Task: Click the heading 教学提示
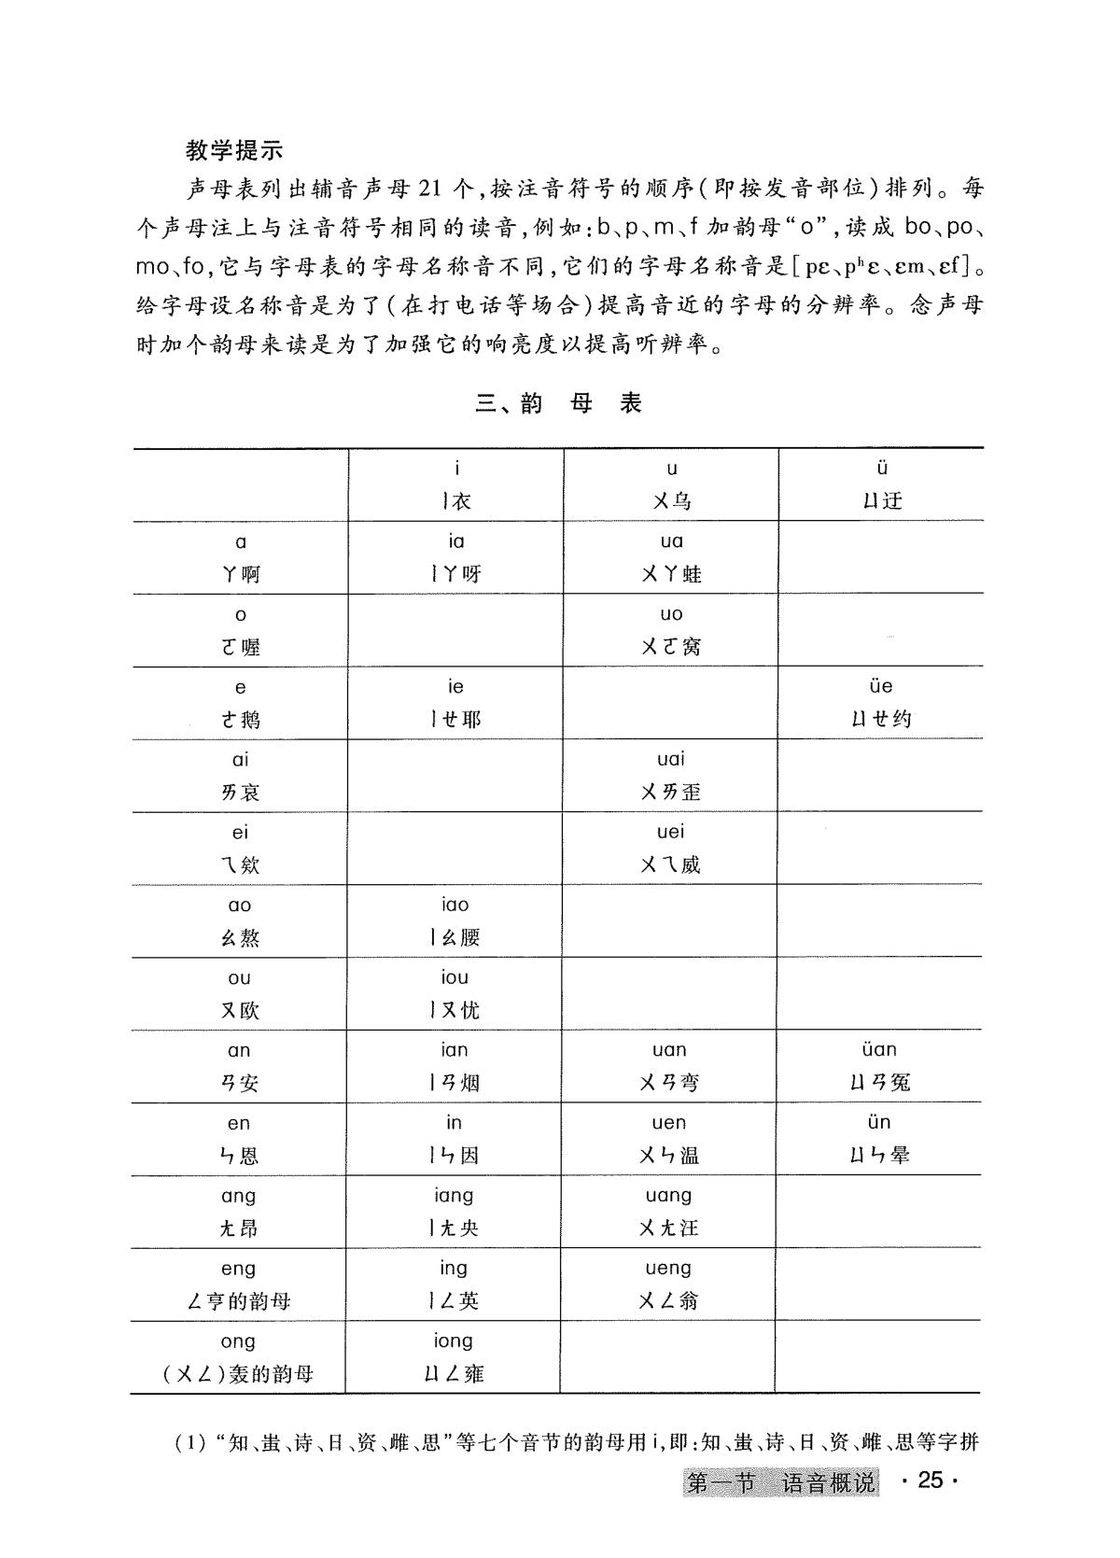tap(234, 150)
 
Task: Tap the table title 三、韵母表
tap(559, 403)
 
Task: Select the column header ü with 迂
tap(881, 484)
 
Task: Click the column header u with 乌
tap(671, 484)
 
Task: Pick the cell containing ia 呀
tap(455, 557)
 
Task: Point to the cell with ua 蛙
tap(671, 557)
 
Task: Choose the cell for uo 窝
tap(671, 630)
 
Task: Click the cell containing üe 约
tap(881, 702)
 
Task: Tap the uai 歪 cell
tap(671, 776)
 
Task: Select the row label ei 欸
tap(240, 849)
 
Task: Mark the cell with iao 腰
tap(455, 921)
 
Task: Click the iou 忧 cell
tap(455, 993)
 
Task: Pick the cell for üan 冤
tap(880, 1066)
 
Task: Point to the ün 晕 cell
tap(879, 1139)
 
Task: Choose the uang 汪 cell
tap(669, 1212)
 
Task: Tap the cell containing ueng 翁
tap(668, 1284)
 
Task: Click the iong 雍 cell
tap(454, 1357)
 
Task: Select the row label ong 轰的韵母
tap(238, 1357)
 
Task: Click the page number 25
tap(931, 1481)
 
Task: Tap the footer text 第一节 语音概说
tap(782, 1482)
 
